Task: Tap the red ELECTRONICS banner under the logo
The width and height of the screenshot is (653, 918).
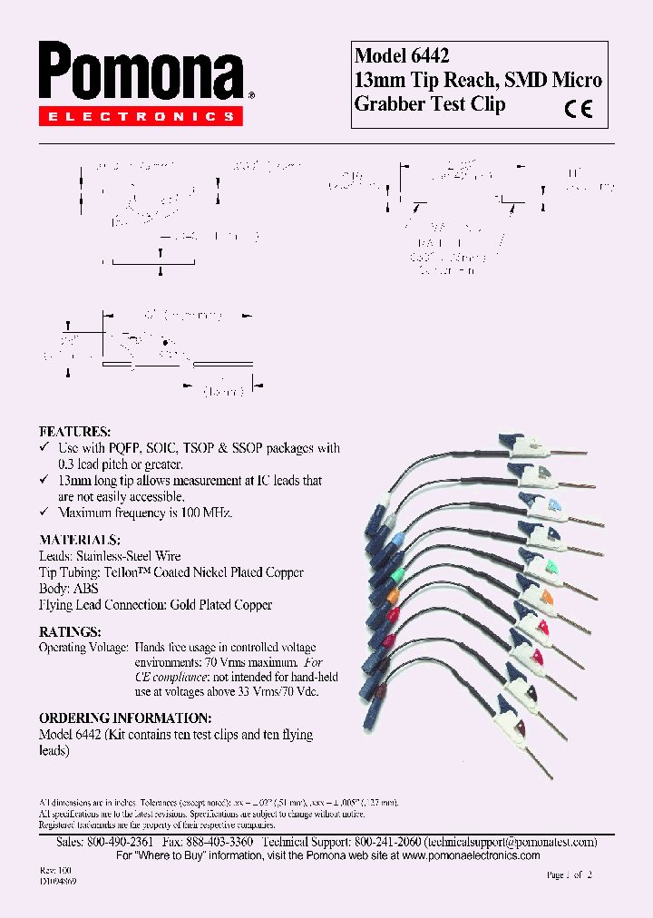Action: pyautogui.click(x=141, y=116)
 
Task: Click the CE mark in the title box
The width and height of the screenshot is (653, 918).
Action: pyautogui.click(x=578, y=109)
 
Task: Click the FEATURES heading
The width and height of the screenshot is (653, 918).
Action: pyautogui.click(x=74, y=432)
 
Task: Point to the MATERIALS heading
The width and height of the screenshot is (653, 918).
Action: pyautogui.click(x=80, y=539)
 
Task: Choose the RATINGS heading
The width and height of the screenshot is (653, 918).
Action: pyautogui.click(x=70, y=631)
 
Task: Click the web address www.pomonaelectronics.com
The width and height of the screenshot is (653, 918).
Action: pyautogui.click(x=471, y=855)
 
